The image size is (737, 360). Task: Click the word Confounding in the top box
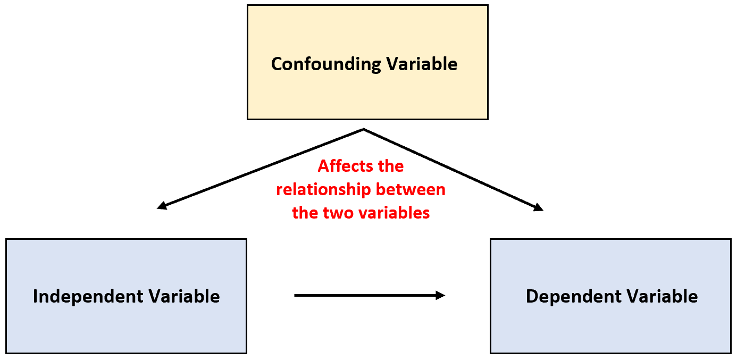pyautogui.click(x=326, y=64)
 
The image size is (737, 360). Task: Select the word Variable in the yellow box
pyautogui.click(x=422, y=64)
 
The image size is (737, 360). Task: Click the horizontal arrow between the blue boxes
pyautogui.click(x=367, y=296)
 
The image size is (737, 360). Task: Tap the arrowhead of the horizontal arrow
pyautogui.click(x=440, y=296)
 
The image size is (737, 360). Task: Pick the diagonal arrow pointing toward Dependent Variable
pyautogui.click(x=452, y=169)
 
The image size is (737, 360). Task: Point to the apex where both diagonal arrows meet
pyautogui.click(x=363, y=129)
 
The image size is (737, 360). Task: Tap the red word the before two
pyautogui.click(x=305, y=213)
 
